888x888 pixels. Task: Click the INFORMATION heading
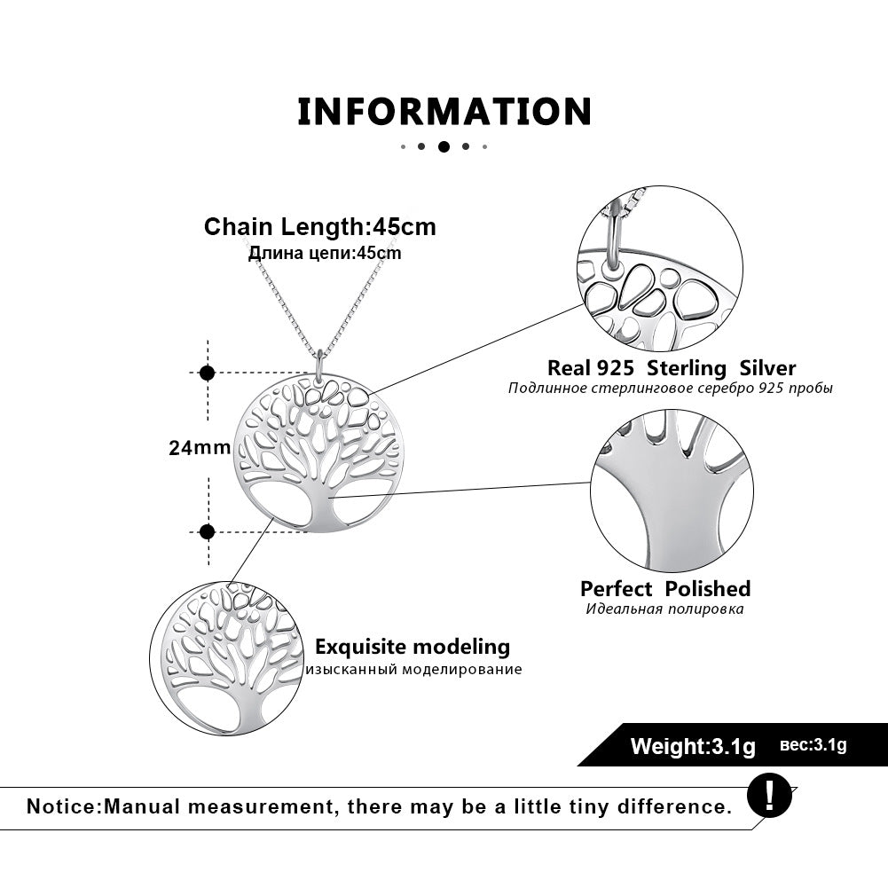tap(444, 112)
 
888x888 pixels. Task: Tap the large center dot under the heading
tap(444, 146)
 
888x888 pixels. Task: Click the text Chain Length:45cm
tap(320, 227)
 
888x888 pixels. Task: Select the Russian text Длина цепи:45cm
tap(325, 254)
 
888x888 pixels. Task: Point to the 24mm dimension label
tap(200, 448)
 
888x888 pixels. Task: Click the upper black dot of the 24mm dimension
tap(208, 373)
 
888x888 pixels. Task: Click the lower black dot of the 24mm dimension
tap(208, 532)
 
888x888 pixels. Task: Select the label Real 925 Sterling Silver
tap(672, 368)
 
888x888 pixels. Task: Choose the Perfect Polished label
tap(665, 589)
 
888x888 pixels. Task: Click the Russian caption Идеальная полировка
tap(664, 609)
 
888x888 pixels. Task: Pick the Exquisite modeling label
tap(413, 647)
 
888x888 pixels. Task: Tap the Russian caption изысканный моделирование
tap(413, 670)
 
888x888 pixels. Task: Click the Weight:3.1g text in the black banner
tap(693, 747)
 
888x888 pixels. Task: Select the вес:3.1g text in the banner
tap(813, 745)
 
